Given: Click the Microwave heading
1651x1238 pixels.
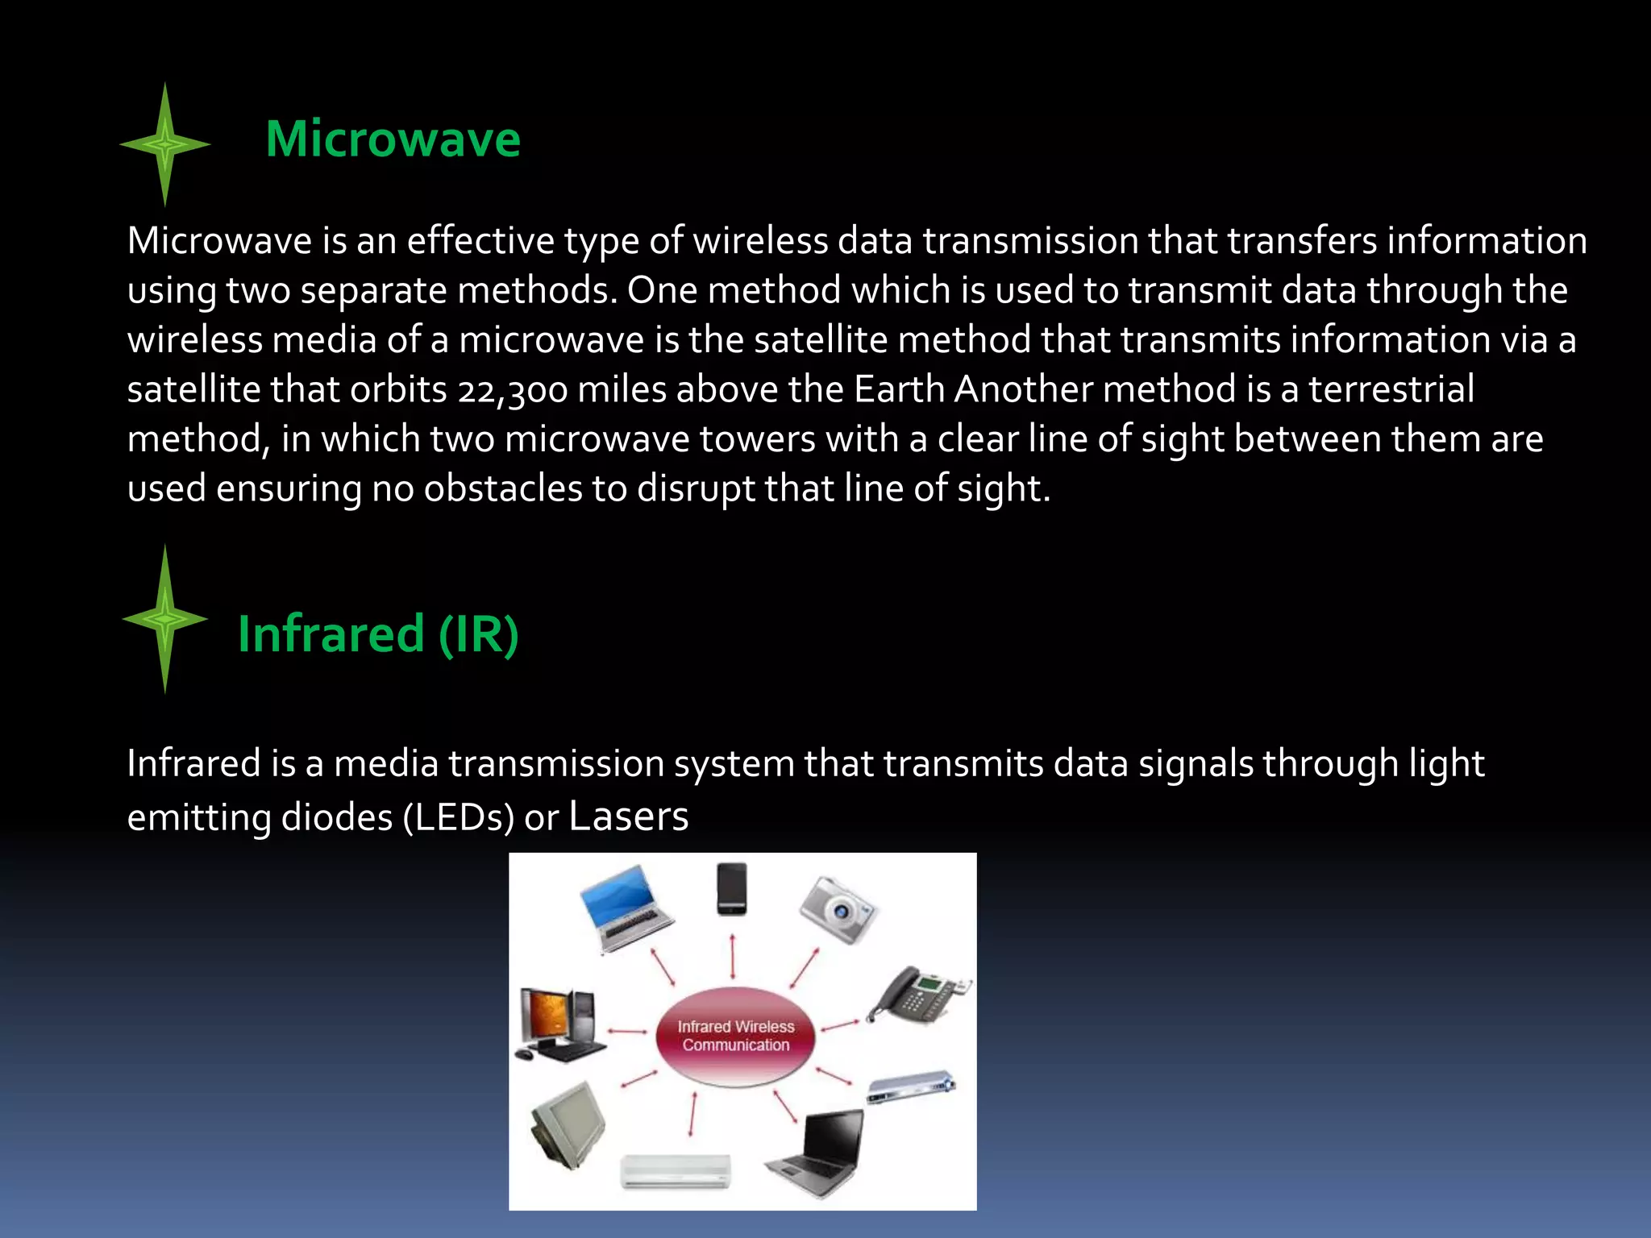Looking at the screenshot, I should [x=393, y=139].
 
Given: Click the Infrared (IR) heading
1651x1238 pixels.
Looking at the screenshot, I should [x=378, y=634].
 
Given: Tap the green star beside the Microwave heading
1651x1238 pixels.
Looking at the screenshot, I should [x=165, y=145].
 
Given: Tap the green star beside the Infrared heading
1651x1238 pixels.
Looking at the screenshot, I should [x=165, y=619].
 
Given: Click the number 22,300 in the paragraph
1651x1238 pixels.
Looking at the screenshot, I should [x=513, y=390].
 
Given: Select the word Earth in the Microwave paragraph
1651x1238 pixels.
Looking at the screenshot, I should [x=899, y=389].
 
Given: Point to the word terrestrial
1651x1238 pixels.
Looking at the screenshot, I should [x=1391, y=389].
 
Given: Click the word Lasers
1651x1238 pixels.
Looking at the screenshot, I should [x=628, y=816].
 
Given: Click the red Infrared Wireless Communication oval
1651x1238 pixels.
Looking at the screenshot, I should [x=735, y=1037].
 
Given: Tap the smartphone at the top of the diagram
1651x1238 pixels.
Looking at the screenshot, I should [x=732, y=888].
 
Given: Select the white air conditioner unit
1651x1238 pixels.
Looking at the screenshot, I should [x=676, y=1171].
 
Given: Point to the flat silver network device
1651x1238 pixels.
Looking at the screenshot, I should [x=911, y=1088].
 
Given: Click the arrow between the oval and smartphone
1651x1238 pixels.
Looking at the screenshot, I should [x=732, y=957].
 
